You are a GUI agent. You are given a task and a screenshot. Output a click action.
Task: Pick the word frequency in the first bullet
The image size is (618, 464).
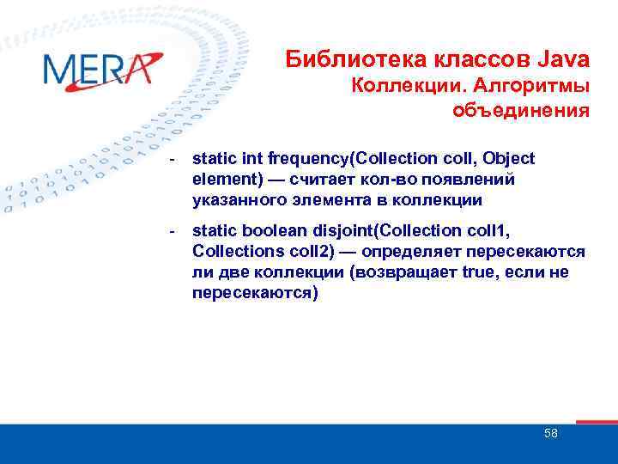(x=310, y=159)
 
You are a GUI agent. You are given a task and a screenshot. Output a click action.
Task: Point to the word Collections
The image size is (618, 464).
(x=234, y=251)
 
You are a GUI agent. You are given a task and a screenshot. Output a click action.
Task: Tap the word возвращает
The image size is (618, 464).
(x=382, y=272)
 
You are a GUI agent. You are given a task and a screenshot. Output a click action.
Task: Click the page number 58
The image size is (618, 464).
(x=551, y=433)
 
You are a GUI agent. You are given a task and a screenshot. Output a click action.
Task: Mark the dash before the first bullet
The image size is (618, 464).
(x=173, y=160)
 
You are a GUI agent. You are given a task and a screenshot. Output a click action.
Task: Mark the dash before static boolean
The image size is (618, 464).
(x=173, y=231)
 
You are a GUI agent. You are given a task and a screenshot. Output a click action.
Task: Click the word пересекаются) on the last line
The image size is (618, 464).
(x=255, y=293)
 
